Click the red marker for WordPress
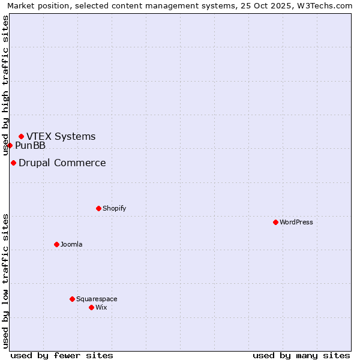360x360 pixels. tap(275, 222)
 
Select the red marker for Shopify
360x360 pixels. tap(98, 208)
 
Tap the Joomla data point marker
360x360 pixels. tap(56, 244)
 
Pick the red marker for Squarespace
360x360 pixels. tap(72, 299)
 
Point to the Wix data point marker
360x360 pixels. tap(91, 307)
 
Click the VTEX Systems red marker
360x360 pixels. tap(21, 136)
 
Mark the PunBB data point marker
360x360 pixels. tap(10, 145)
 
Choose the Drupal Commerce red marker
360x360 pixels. tap(13, 163)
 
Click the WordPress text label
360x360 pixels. tap(296, 222)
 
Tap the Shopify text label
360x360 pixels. tap(114, 208)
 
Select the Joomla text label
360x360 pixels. tap(71, 244)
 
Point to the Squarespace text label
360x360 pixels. tap(97, 299)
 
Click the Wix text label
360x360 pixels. tap(101, 307)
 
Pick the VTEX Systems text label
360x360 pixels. tap(61, 136)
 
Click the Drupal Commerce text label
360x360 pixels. tap(62, 163)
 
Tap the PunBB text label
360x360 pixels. tap(30, 145)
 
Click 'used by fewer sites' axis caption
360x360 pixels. tap(62, 355)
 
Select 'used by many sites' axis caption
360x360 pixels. tap(301, 355)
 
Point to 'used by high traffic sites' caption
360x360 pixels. tap(6, 85)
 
